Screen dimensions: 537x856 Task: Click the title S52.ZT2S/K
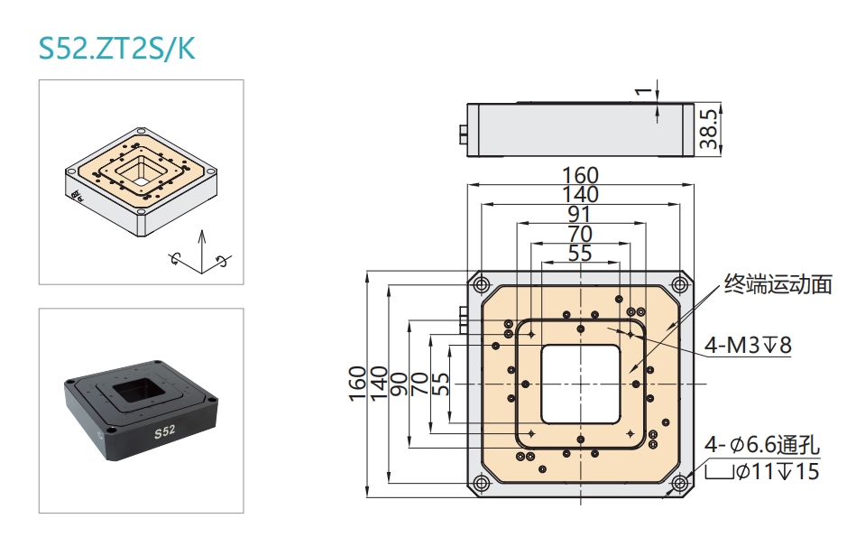pyautogui.click(x=116, y=47)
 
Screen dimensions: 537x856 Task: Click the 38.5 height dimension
pyautogui.click(x=709, y=129)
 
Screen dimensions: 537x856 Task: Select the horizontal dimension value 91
pyautogui.click(x=580, y=215)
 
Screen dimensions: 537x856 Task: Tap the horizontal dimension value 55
pyautogui.click(x=580, y=254)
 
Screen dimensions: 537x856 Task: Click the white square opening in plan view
pyautogui.click(x=580, y=384)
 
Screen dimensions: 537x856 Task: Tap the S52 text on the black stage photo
pyautogui.click(x=164, y=432)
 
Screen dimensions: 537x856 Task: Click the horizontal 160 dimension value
pyautogui.click(x=580, y=175)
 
